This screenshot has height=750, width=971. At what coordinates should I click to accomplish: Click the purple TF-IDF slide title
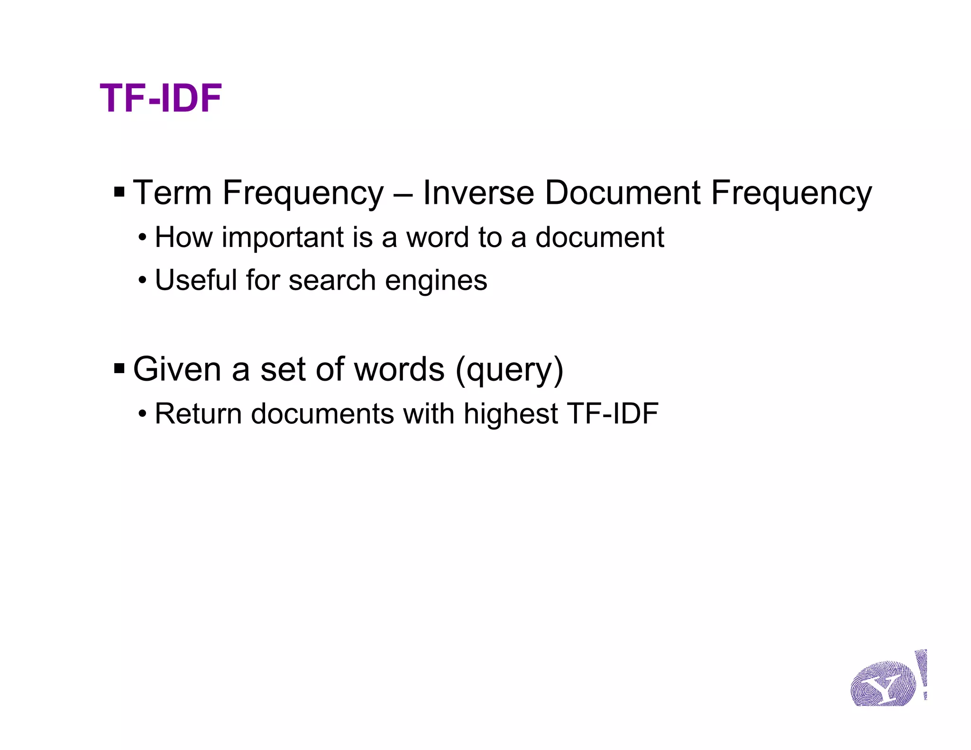[161, 99]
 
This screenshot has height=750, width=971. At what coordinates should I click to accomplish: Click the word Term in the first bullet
[172, 193]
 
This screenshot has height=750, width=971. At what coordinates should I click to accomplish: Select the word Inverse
[478, 193]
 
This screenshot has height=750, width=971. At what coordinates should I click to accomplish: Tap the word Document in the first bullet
[623, 193]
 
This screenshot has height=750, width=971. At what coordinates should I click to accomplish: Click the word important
[282, 238]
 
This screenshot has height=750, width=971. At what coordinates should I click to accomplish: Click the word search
[332, 280]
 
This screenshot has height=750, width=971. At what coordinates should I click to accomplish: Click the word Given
[177, 369]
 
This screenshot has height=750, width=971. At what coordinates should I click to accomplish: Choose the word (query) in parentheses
[509, 370]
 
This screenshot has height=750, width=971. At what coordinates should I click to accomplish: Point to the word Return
[198, 414]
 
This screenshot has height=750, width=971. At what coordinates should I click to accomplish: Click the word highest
[511, 414]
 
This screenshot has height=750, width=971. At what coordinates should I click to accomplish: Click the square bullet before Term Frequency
[119, 192]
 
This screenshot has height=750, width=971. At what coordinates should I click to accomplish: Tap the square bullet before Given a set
[119, 368]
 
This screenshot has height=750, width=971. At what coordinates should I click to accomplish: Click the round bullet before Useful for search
[143, 281]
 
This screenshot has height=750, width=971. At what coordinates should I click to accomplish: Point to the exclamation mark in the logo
[922, 673]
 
